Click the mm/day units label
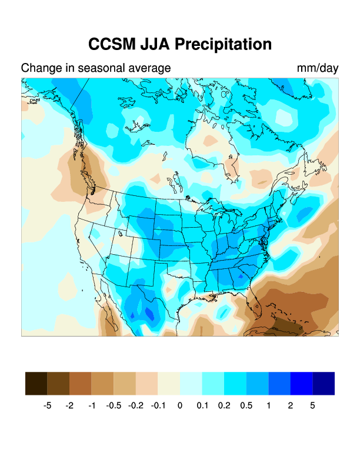pyautogui.click(x=318, y=68)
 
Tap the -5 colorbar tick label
pyautogui.click(x=48, y=406)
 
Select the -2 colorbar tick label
pyautogui.click(x=69, y=406)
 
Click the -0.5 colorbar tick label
pyautogui.click(x=114, y=406)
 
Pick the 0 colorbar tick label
pyautogui.click(x=180, y=406)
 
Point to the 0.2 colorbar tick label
pyautogui.click(x=224, y=406)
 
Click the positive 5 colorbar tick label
pyautogui.click(x=312, y=406)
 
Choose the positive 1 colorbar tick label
pyautogui.click(x=268, y=406)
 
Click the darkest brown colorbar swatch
pyautogui.click(x=36, y=383)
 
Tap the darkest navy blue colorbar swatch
pyautogui.click(x=324, y=383)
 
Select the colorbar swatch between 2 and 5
pyautogui.click(x=301, y=383)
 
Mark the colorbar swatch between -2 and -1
pyautogui.click(x=81, y=383)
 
